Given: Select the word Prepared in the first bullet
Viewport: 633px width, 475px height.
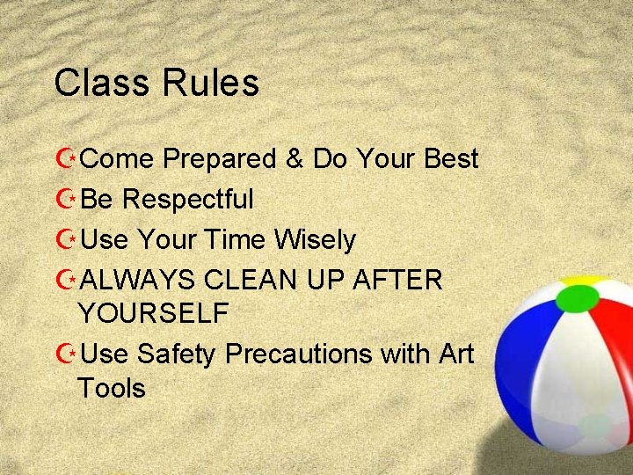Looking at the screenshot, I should tap(220, 160).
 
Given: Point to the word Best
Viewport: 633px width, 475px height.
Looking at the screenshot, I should tap(450, 159).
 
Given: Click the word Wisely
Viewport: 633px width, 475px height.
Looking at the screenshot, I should tap(314, 240).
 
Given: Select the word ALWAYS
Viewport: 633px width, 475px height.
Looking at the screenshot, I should tap(137, 280).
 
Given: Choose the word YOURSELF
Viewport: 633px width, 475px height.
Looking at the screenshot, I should tap(154, 312).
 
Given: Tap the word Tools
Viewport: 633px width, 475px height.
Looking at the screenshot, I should tap(112, 388).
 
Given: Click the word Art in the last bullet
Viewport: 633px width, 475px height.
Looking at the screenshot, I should tap(454, 354).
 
